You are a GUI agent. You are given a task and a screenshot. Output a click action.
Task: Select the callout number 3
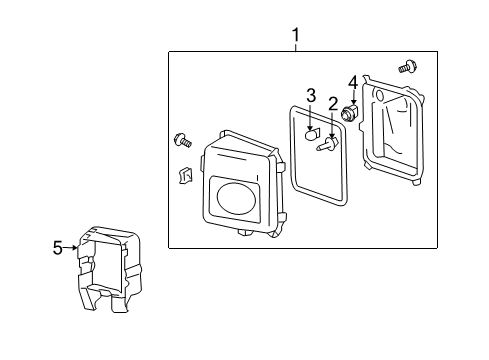311,96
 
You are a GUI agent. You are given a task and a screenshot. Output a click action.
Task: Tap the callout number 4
352,82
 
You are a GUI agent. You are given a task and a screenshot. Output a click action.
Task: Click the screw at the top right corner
407,68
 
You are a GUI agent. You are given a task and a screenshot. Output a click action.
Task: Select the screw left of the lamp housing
182,139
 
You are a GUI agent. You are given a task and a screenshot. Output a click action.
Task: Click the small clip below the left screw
184,177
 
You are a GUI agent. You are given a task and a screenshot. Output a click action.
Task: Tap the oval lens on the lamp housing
236,197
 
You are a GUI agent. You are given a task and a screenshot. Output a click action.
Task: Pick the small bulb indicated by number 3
311,132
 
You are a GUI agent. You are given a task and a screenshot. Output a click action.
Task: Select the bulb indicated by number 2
326,147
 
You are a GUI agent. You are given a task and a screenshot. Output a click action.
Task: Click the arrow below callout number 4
352,97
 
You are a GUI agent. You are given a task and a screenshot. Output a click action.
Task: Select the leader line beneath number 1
296,49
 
